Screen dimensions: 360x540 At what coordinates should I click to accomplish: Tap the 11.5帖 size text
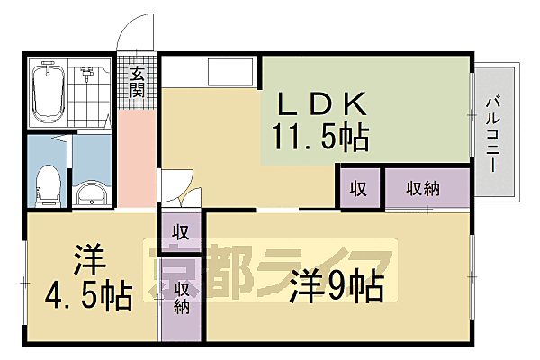tap(319, 139)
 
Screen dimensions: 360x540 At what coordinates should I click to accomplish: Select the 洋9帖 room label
tap(337, 287)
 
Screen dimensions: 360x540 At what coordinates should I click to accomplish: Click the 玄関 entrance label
tap(137, 82)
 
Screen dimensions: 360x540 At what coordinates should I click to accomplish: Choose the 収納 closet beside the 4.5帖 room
tap(181, 298)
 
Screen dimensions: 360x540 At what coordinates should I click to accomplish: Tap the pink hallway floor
tap(137, 157)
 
